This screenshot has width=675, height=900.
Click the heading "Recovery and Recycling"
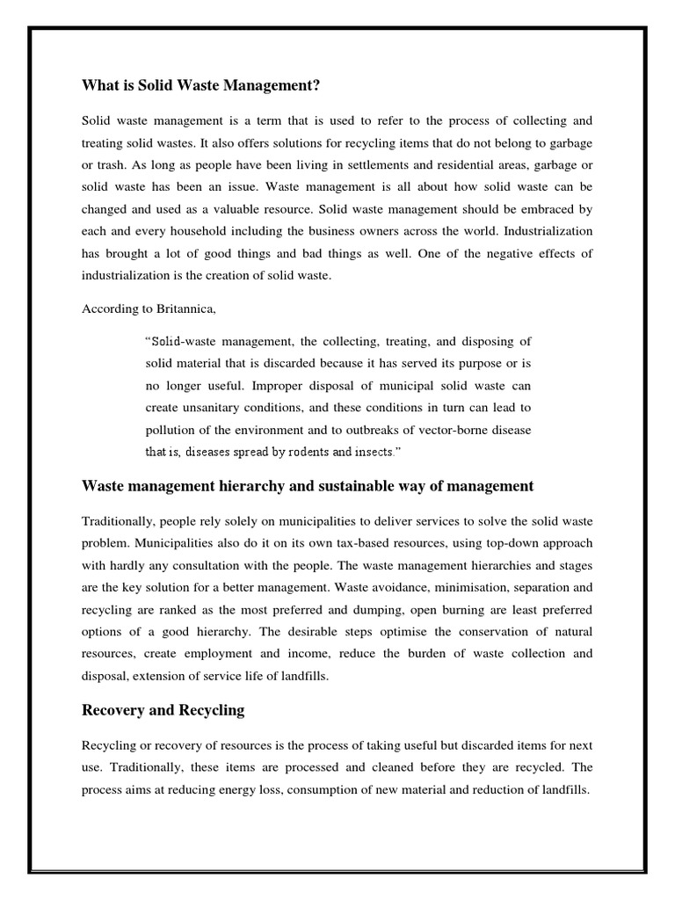[x=163, y=710]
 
